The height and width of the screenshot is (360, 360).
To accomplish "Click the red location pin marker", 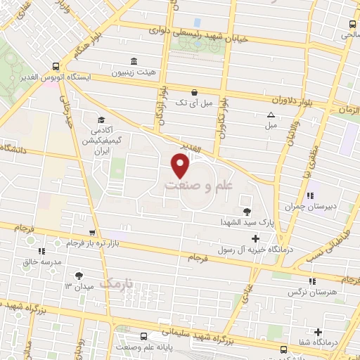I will (x=180, y=166).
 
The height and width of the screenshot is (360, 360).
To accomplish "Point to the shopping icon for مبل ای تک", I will (x=194, y=91).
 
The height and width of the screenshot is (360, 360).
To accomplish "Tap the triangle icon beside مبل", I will (x=271, y=115).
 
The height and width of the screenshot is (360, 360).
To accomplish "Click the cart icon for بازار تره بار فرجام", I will (x=91, y=233).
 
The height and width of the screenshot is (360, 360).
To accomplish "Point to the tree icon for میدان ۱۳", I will (x=78, y=276).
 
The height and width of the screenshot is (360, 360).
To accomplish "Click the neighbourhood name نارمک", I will (x=116, y=283).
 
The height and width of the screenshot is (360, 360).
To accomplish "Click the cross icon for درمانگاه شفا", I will (x=318, y=332).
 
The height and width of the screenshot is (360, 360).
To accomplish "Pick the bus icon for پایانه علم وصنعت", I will (x=143, y=335).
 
